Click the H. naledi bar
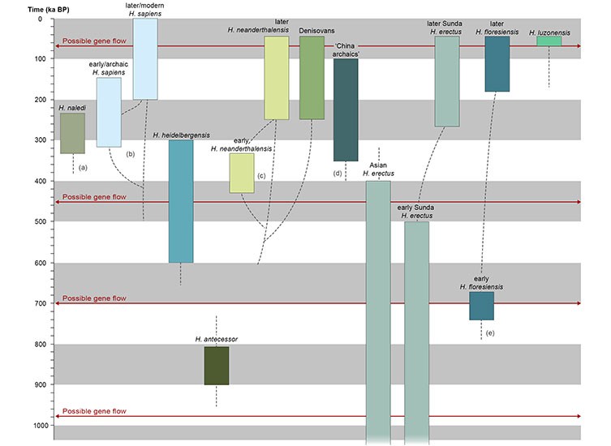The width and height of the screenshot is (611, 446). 72,133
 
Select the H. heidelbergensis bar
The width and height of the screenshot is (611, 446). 181,201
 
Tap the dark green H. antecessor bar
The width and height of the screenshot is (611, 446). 217,366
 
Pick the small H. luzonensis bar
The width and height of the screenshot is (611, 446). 549,41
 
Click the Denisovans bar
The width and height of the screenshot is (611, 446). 312,78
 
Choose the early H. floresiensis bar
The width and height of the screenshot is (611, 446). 482,307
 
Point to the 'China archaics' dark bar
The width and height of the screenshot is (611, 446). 346,109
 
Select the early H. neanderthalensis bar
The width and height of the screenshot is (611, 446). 242,173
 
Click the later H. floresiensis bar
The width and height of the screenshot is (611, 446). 497,64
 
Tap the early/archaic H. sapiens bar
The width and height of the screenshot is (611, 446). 109,112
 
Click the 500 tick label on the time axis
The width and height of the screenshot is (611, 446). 40,221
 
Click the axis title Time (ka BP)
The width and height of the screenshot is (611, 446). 49,10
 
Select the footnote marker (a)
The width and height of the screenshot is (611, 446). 83,168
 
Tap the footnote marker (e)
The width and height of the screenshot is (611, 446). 490,333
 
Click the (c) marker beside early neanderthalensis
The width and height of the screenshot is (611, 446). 261,176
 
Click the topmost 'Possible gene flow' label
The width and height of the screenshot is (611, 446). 94,41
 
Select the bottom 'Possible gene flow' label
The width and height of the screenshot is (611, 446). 94,411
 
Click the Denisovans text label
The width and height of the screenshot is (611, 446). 316,30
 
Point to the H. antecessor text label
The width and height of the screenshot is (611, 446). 217,339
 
